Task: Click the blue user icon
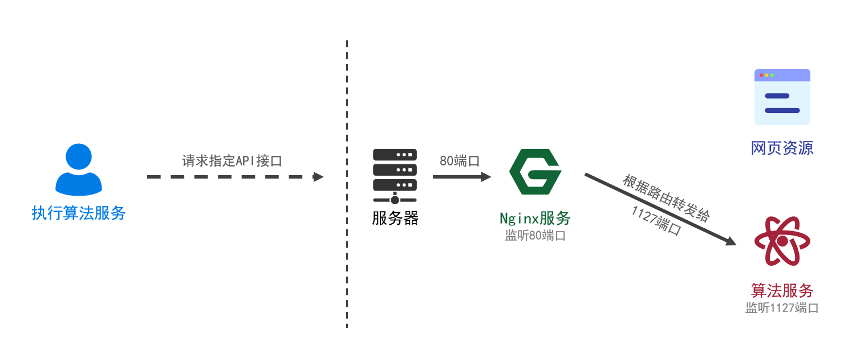coord(79,169)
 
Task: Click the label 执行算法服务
coord(79,214)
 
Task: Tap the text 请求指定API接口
coord(232,160)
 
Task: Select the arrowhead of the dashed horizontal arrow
coord(319,177)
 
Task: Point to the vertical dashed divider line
coord(347,183)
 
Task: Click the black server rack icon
coord(395,176)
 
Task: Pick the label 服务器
coord(395,219)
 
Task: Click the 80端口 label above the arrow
coord(459,160)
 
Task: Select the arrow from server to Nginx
coord(459,177)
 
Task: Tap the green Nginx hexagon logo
coord(534,172)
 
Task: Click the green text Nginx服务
coord(534,218)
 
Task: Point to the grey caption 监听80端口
coord(534,236)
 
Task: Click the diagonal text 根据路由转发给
coord(666,198)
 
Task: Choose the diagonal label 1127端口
coord(656,221)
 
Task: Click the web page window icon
coord(782,97)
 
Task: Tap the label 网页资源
coord(782,148)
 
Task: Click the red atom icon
coord(782,241)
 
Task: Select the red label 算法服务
coord(782,290)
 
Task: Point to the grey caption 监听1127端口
coord(782,308)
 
